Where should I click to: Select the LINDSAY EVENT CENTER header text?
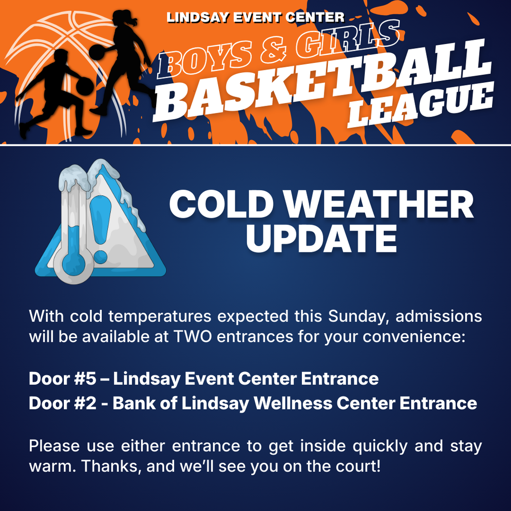click(x=255, y=17)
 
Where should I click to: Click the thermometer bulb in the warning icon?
click(x=74, y=260)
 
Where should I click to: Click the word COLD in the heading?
click(x=224, y=205)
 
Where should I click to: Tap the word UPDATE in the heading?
click(x=321, y=238)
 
